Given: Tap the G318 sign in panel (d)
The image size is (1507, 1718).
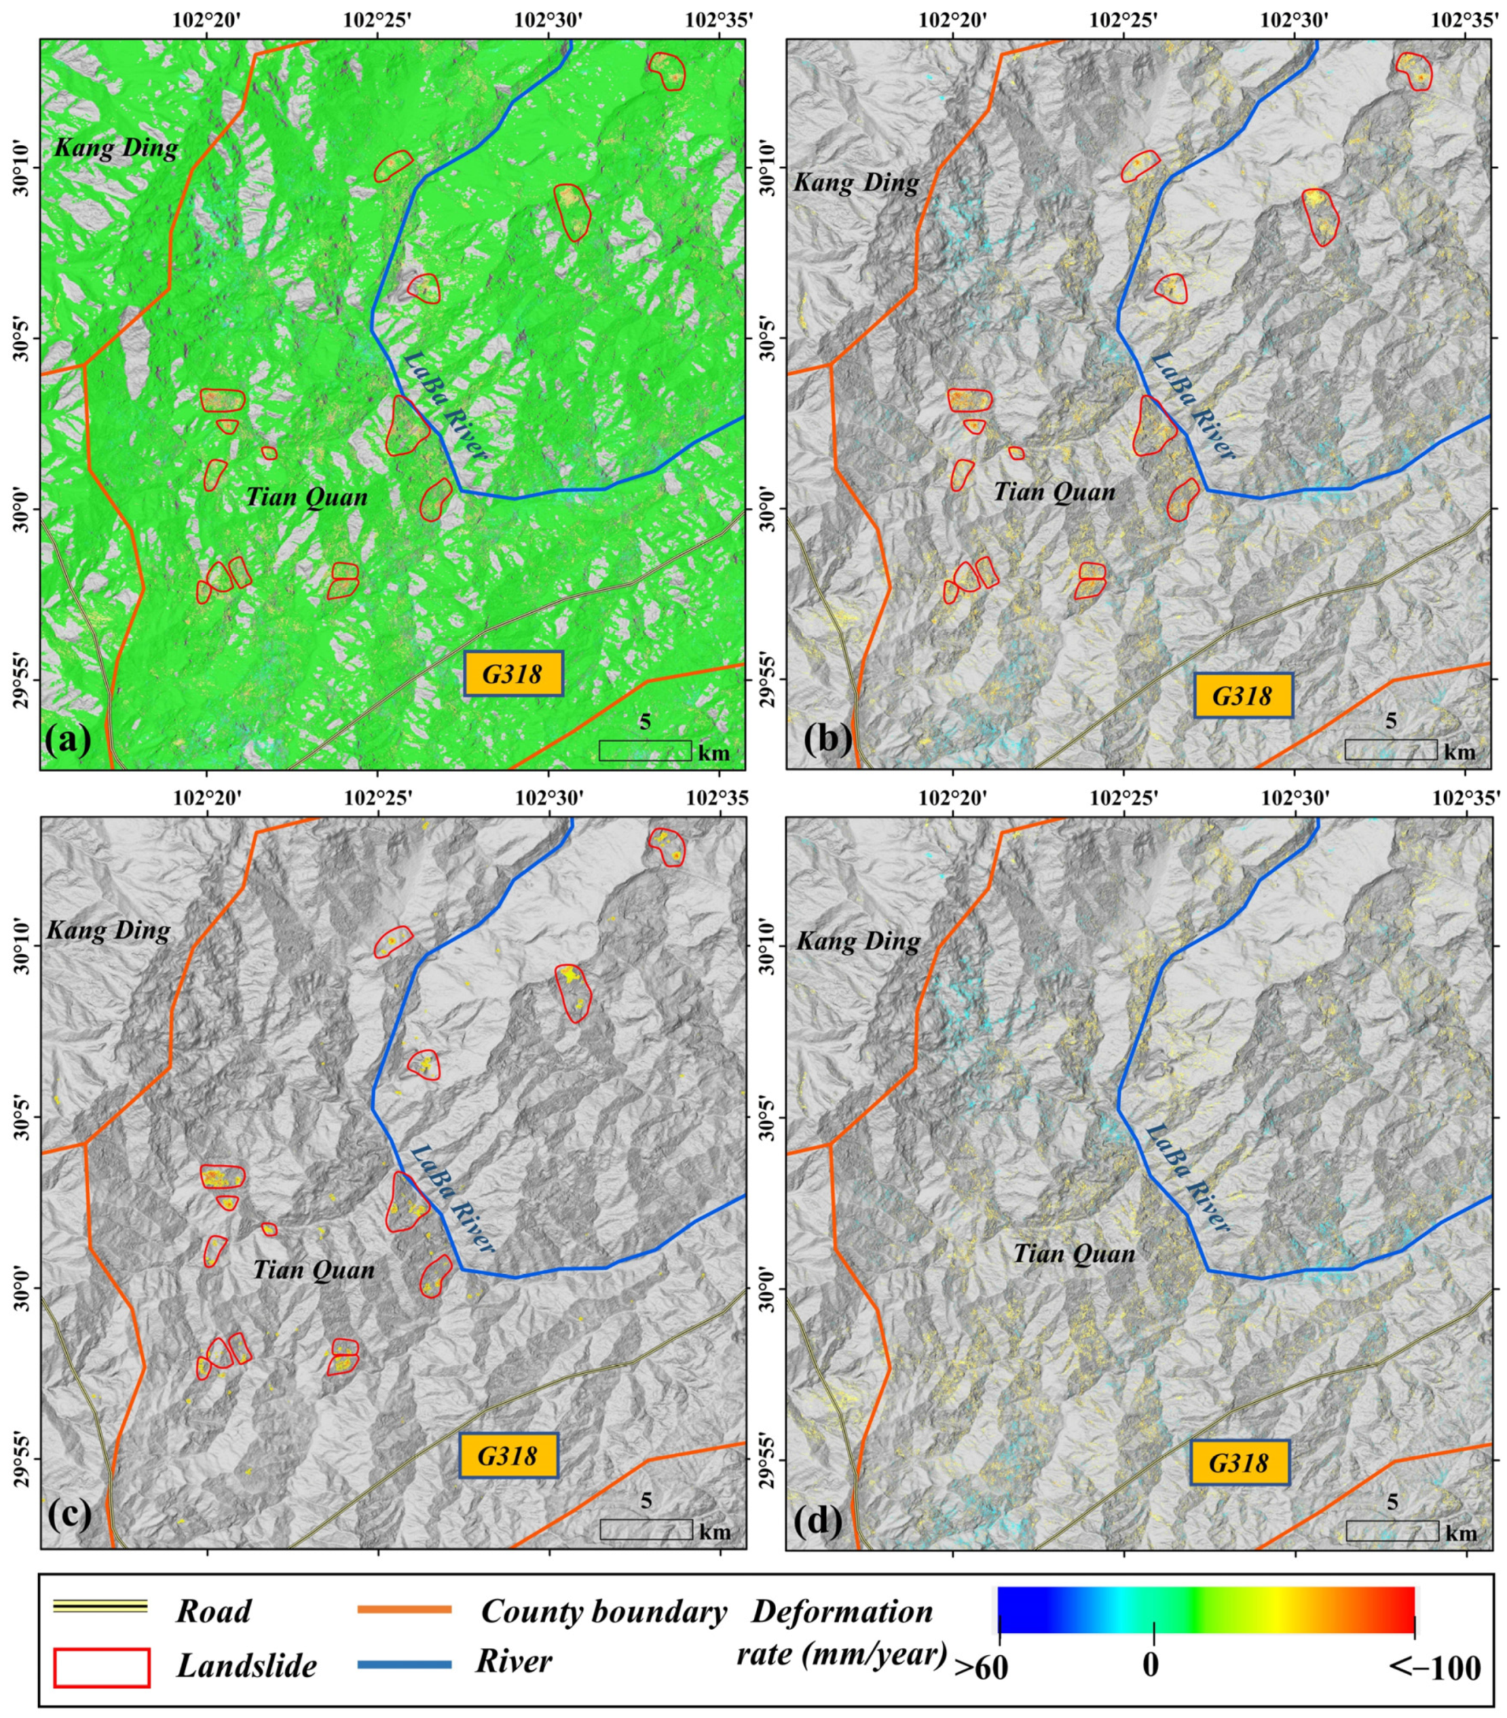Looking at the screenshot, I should (1238, 1462).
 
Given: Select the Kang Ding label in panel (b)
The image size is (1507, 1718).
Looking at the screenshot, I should (856, 182).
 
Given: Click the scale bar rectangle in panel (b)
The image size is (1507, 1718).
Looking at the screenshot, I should (1390, 750).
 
